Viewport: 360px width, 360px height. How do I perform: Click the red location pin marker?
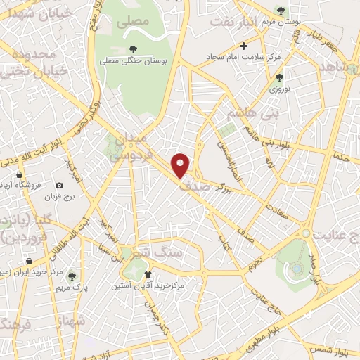[181, 165]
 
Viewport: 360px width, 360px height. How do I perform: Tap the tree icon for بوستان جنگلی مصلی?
[134, 49]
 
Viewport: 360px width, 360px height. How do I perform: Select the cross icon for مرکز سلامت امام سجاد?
[243, 46]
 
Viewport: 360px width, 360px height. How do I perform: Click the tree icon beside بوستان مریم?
[281, 11]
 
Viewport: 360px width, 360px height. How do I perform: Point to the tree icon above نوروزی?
[280, 77]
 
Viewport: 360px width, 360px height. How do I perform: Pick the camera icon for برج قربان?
[59, 186]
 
